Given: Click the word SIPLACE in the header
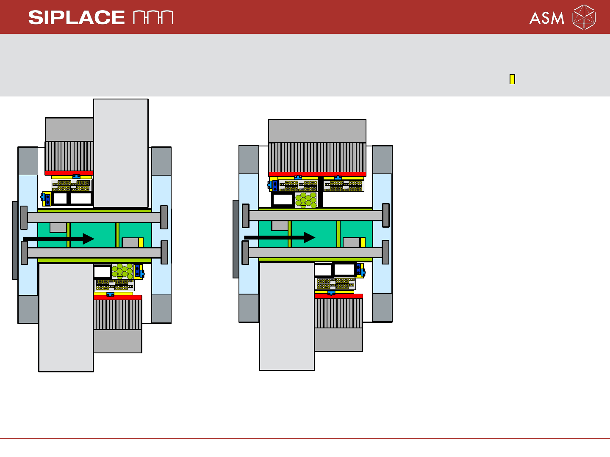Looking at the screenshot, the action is tap(76, 17).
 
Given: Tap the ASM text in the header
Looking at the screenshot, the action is tap(546, 18).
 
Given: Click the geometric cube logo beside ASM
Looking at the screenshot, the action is tap(584, 17).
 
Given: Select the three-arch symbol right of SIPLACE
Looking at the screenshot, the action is tap(153, 17).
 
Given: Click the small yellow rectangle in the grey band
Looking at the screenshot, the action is tap(512, 79).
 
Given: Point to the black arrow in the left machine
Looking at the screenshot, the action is tap(59, 239).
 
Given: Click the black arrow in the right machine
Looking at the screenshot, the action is tap(280, 237).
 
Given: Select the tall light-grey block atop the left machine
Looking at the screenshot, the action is tap(121, 153).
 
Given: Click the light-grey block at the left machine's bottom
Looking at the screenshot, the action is tap(66, 317).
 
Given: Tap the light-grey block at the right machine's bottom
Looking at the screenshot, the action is tap(287, 316).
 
